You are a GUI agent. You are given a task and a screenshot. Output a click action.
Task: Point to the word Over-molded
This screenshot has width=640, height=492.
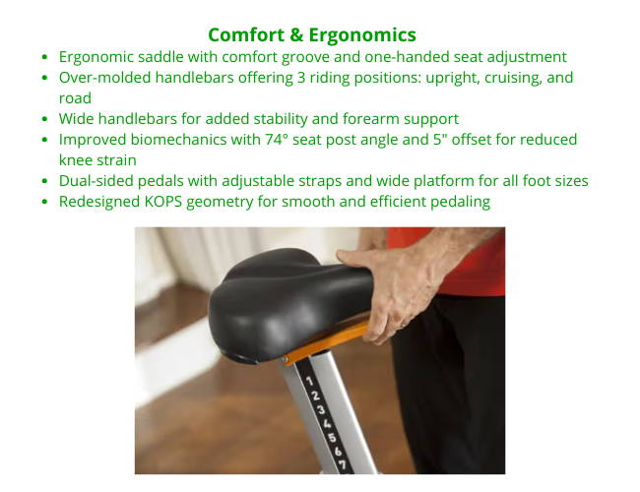point(105,78)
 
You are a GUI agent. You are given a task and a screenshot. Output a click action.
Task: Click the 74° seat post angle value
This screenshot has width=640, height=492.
point(277,140)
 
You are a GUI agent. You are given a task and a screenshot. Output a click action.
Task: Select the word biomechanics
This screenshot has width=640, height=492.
point(178,140)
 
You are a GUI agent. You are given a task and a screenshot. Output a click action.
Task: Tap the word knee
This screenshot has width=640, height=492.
point(76,160)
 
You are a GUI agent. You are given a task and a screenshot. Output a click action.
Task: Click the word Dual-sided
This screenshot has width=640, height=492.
point(96,181)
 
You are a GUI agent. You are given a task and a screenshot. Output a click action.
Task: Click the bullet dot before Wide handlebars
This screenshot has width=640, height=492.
point(45,119)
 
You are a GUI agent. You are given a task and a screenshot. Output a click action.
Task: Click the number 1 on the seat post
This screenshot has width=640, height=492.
point(309,381)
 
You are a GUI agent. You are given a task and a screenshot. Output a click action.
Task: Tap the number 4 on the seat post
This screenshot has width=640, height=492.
point(327,423)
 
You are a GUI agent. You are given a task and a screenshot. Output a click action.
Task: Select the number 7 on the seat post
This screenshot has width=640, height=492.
point(343,464)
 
